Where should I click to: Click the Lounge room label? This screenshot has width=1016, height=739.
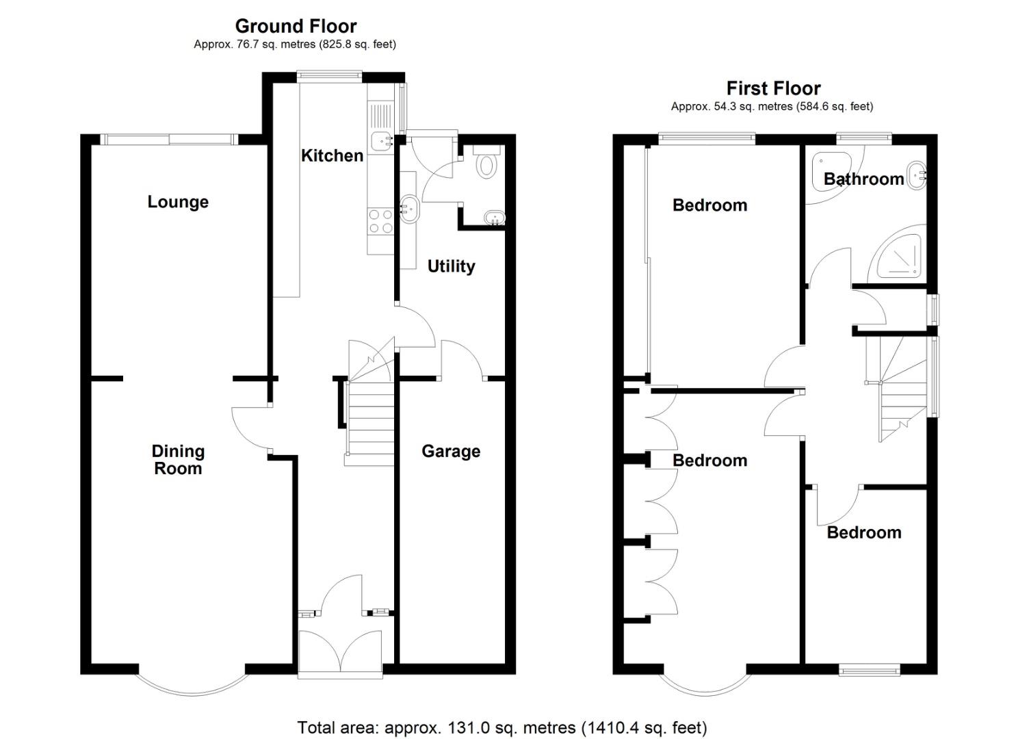tap(178, 202)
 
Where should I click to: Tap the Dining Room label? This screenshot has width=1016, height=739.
tap(178, 460)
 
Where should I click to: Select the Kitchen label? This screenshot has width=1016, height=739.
tap(332, 155)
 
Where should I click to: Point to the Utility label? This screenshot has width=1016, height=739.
tap(451, 266)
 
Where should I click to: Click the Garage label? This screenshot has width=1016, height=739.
tap(451, 451)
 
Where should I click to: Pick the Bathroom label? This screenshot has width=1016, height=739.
tap(863, 179)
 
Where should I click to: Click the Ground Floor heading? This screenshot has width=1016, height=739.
tap(296, 26)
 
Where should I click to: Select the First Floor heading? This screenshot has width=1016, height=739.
tap(773, 88)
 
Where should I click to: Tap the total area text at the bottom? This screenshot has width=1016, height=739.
tap(502, 727)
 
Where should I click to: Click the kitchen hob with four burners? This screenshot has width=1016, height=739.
tap(380, 221)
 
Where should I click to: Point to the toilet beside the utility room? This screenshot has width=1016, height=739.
tap(486, 164)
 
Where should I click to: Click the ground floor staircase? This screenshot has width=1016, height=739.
tap(369, 417)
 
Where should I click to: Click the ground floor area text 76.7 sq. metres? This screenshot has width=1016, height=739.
tap(294, 44)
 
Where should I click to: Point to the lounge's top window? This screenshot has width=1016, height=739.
tap(169, 139)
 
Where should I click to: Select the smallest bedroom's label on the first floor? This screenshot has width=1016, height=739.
tap(863, 532)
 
